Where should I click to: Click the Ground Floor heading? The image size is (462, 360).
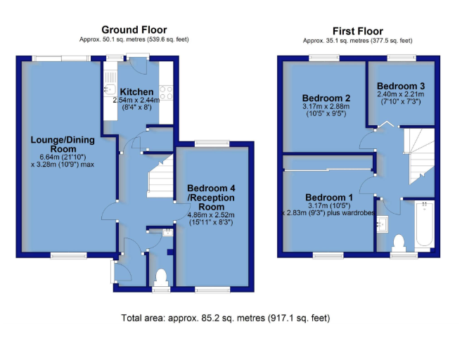[x=134, y=30]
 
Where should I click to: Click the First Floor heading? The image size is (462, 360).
[x=358, y=31]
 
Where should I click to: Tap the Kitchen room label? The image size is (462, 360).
[x=136, y=91]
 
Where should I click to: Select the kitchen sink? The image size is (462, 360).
[x=110, y=89]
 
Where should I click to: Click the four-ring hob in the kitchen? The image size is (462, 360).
[x=166, y=93]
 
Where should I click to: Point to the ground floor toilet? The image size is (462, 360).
[x=161, y=277]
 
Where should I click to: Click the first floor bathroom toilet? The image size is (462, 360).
[x=399, y=243]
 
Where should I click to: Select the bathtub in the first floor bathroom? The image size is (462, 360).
[x=424, y=224]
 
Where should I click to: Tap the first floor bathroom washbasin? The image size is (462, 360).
[x=383, y=224]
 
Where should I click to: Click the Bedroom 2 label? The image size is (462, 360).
[x=326, y=98]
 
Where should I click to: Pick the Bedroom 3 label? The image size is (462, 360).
[x=401, y=86]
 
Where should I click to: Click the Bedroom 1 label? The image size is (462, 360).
[x=329, y=197]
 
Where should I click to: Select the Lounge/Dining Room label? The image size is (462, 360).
[x=63, y=144]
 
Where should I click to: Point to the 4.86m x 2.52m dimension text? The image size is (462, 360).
[x=211, y=214]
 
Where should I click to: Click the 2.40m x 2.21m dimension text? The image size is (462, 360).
[x=401, y=94]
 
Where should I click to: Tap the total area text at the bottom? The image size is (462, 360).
[x=226, y=319]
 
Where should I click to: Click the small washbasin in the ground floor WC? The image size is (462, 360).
[x=167, y=233]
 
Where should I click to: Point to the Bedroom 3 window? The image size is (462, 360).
[x=402, y=58]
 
